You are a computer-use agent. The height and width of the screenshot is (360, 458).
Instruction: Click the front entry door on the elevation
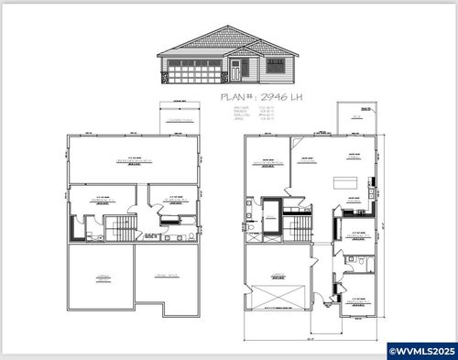click(235, 70)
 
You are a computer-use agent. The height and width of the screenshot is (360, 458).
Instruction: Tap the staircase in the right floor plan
click(295, 226)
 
